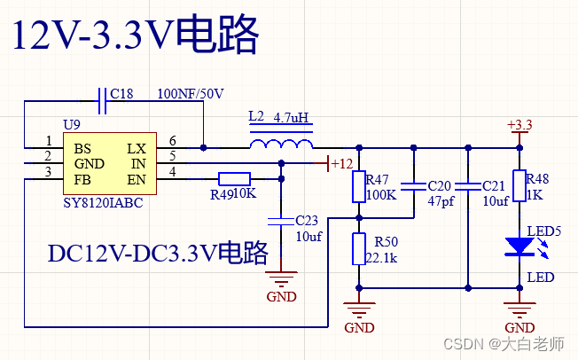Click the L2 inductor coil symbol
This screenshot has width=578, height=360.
281,144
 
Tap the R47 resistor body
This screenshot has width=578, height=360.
359,187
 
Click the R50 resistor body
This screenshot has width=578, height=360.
359,248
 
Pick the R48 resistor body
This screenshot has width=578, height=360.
519,187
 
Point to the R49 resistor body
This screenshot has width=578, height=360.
233,179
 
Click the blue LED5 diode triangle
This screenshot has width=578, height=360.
519,247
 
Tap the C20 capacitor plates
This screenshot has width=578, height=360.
413,187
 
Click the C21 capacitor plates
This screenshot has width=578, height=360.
467,187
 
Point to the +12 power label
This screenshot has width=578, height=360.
341,163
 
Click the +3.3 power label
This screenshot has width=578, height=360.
519,125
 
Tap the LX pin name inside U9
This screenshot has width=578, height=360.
137,148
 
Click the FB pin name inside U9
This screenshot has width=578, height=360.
82,180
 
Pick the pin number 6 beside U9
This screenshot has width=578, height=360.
172,141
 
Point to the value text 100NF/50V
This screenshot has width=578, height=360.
191,94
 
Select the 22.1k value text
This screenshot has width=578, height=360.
381,258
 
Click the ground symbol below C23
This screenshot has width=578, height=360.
281,282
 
